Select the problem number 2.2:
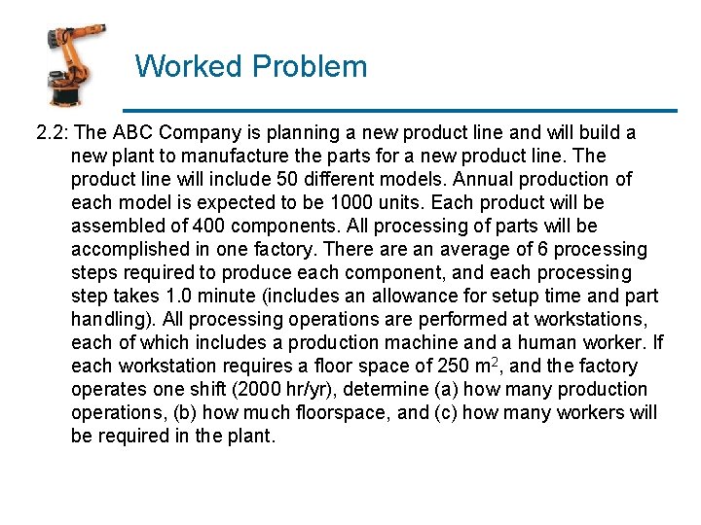click(52, 132)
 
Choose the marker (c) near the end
click(444, 412)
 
